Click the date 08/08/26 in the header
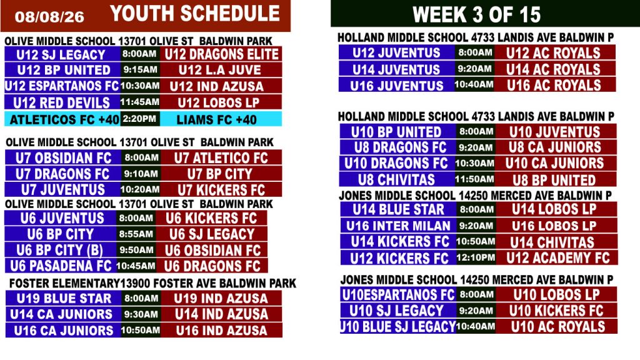(x=49, y=17)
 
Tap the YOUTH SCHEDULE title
(x=195, y=14)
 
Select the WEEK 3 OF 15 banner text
(x=476, y=15)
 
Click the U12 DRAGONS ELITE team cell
(x=221, y=54)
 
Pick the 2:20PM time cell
(x=139, y=119)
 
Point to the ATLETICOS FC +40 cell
(x=62, y=119)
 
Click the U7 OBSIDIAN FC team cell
(x=63, y=157)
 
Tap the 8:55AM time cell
(x=136, y=234)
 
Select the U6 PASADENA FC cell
(x=61, y=266)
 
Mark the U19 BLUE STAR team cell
(x=63, y=298)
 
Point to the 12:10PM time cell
(x=476, y=257)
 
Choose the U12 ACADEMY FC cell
(x=557, y=257)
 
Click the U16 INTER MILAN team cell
(x=398, y=226)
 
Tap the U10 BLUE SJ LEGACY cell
(x=398, y=326)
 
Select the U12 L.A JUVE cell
(x=221, y=70)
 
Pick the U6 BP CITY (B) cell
(x=61, y=250)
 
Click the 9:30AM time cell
(x=141, y=314)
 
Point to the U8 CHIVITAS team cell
(x=397, y=179)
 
